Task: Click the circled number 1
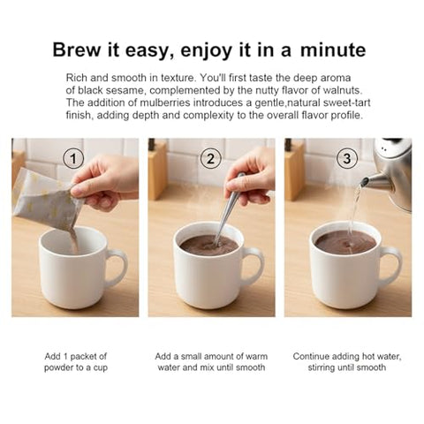[x=73, y=158]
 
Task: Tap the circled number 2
[x=210, y=158]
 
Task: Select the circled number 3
[x=347, y=158]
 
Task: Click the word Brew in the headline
[x=77, y=49]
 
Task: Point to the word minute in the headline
[x=333, y=49]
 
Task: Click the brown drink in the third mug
[x=345, y=242]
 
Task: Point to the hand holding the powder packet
[x=104, y=182]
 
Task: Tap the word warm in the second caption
[x=256, y=356]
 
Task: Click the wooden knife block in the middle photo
[x=157, y=174]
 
